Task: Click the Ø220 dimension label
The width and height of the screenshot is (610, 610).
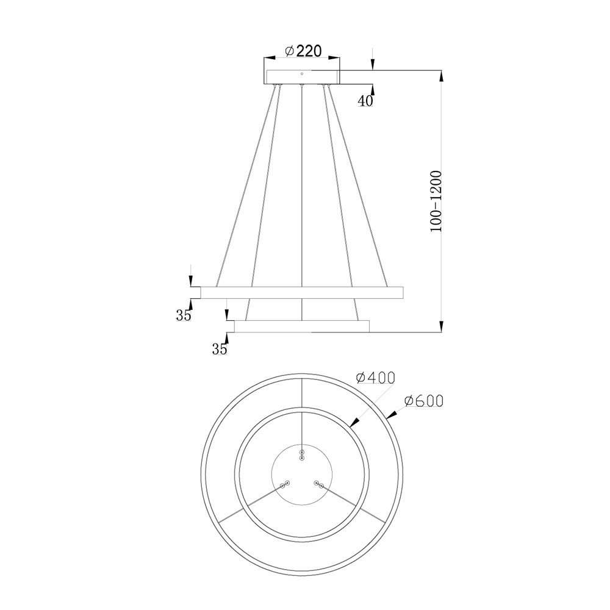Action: click(303, 51)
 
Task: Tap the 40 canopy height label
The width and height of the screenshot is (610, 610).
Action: click(365, 101)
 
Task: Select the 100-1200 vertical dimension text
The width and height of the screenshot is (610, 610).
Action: click(437, 201)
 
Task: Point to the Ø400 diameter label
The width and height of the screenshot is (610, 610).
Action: click(375, 377)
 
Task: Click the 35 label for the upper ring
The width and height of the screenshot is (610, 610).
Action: click(184, 315)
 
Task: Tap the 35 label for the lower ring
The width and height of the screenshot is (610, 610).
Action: click(220, 350)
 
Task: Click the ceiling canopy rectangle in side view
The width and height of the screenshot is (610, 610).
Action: click(302, 77)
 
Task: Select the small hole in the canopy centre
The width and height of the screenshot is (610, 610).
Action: click(302, 74)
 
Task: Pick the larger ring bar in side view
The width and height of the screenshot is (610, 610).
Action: click(302, 293)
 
